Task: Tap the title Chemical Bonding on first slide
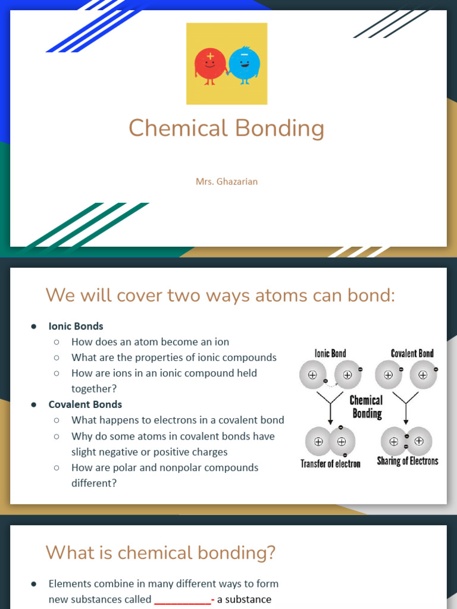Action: point(227,128)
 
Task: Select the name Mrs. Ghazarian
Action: point(227,181)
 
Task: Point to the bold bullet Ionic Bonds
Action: point(76,326)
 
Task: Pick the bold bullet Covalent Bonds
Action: point(85,404)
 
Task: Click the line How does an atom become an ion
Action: point(150,342)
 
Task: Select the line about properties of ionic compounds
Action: point(174,357)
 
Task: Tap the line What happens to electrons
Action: point(177,420)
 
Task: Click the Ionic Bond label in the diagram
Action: point(330,353)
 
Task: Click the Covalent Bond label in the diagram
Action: point(412,353)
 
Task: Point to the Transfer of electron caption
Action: point(330,464)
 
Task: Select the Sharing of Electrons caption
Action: point(408,461)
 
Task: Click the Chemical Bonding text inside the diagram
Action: point(366,407)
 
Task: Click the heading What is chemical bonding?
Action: point(161,553)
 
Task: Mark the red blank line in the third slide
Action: point(183,600)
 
